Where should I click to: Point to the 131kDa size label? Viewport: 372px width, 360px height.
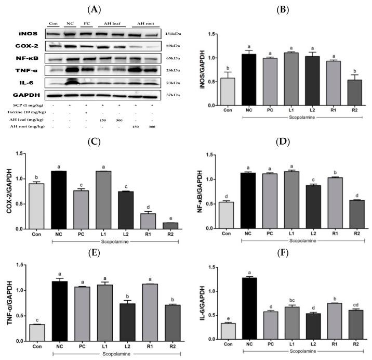(172, 33)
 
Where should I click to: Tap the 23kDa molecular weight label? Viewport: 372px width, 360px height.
(172, 82)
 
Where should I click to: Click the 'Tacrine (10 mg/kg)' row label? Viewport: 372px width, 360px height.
(21, 112)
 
